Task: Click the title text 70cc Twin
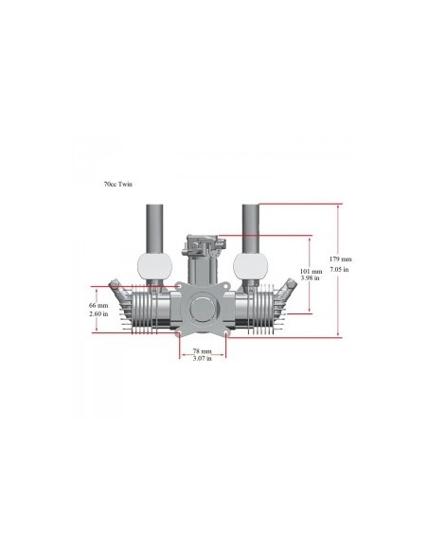117,184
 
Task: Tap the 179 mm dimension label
340,259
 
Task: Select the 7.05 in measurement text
339,269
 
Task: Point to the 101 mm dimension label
311,271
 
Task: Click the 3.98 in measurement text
311,277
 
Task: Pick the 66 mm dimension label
98,305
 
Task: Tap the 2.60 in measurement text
98,313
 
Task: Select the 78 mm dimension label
202,351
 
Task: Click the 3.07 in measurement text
203,359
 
